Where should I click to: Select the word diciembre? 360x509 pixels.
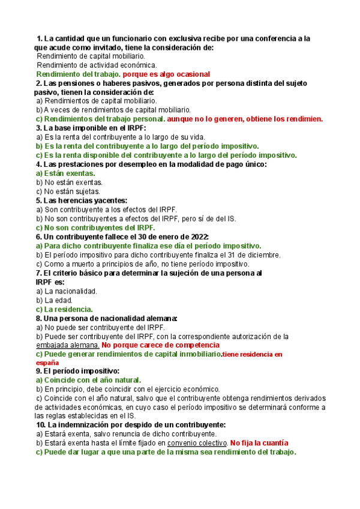[262, 254]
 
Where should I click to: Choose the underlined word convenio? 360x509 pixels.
[184, 443]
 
